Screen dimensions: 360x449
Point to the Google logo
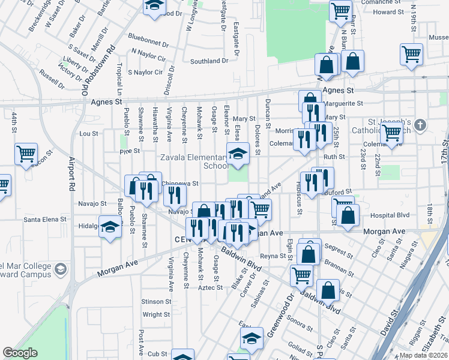pyautogui.click(x=20, y=353)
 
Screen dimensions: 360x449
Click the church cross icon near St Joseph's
pyautogui.click(x=420, y=125)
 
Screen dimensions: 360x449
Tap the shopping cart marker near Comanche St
pyautogui.click(x=340, y=10)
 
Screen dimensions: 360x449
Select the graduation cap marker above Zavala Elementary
pyautogui.click(x=238, y=154)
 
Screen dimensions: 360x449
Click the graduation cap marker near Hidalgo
pyautogui.click(x=110, y=227)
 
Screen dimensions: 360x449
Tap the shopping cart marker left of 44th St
pyautogui.click(x=26, y=154)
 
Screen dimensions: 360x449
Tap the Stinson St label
pyautogui.click(x=156, y=301)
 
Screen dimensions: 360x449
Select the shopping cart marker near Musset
pyautogui.click(x=412, y=55)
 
